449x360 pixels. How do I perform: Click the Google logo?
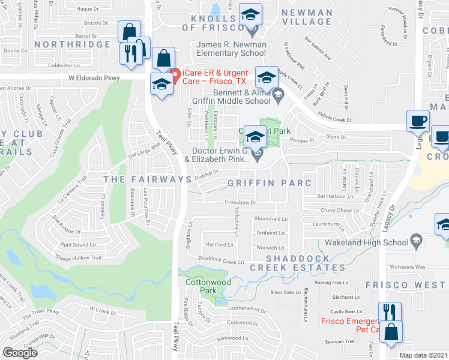pyautogui.click(x=20, y=353)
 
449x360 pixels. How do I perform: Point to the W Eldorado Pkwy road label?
pyautogui.click(x=94, y=78)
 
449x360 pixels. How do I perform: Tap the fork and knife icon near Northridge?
pyautogui.click(x=130, y=53)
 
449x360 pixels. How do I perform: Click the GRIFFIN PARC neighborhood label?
pyautogui.click(x=270, y=183)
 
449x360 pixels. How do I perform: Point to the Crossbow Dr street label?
pyautogui.click(x=241, y=203)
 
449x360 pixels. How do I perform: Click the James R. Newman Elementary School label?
pyautogui.click(x=232, y=53)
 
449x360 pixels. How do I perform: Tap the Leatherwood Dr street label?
pyautogui.click(x=247, y=309)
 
